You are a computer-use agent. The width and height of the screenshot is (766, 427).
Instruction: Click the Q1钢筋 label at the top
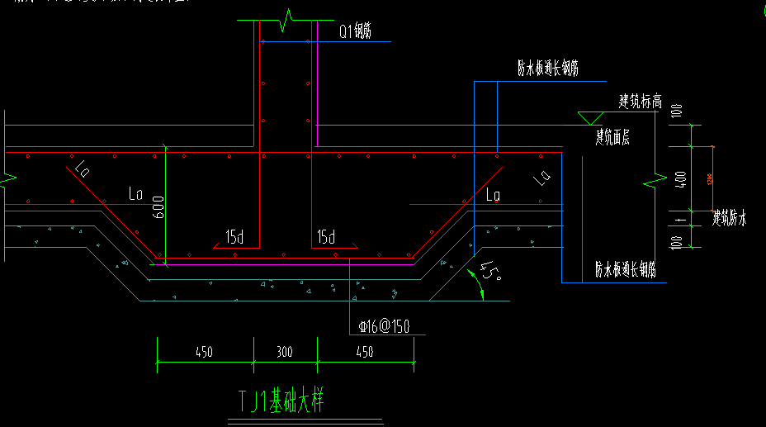tap(355, 31)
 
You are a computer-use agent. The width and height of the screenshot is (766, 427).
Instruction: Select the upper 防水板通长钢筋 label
tap(547, 69)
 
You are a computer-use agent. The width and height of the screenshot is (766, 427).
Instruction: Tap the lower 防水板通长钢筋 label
tap(626, 270)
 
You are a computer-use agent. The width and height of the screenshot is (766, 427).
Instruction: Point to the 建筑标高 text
tap(641, 102)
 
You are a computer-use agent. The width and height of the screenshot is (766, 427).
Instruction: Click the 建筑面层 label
tap(612, 138)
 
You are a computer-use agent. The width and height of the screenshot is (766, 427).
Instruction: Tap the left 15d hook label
tap(234, 238)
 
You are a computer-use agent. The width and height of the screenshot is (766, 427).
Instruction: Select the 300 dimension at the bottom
tap(284, 352)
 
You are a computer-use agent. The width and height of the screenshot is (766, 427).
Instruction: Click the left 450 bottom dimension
tap(204, 352)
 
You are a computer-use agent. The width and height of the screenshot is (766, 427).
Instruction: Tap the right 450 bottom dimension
tap(364, 352)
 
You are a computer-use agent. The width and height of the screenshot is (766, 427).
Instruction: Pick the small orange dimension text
tap(708, 178)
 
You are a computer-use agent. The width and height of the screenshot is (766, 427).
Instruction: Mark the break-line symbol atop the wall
tap(286, 18)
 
